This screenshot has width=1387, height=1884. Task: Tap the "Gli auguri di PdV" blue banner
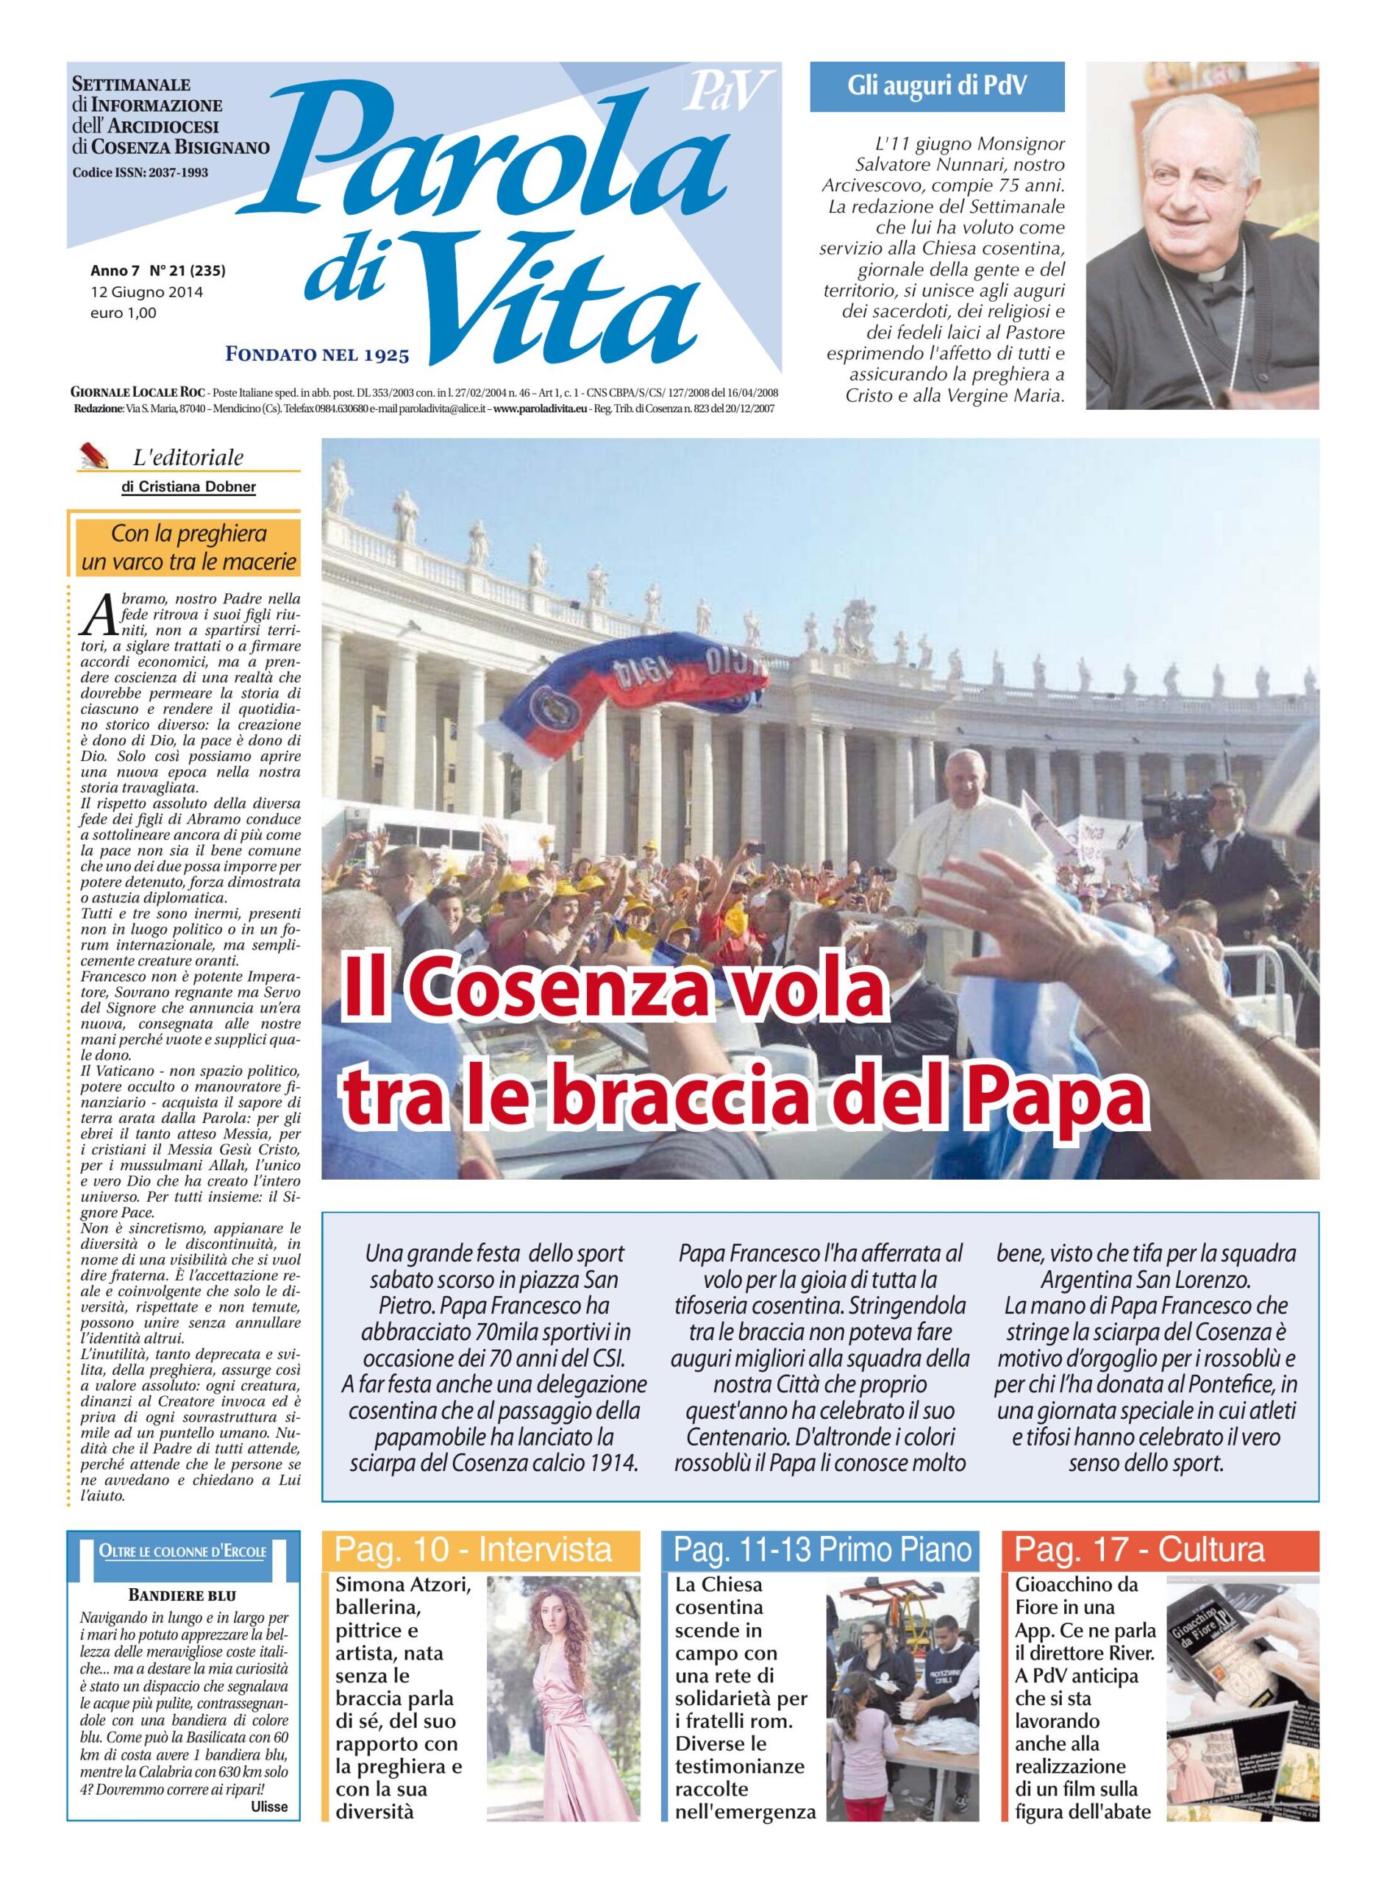pyautogui.click(x=936, y=88)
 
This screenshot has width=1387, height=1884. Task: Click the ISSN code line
pyautogui.click(x=140, y=172)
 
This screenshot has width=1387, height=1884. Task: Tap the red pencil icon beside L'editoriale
pyautogui.click(x=96, y=456)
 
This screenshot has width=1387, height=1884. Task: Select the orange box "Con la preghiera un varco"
pyautogui.click(x=188, y=548)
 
